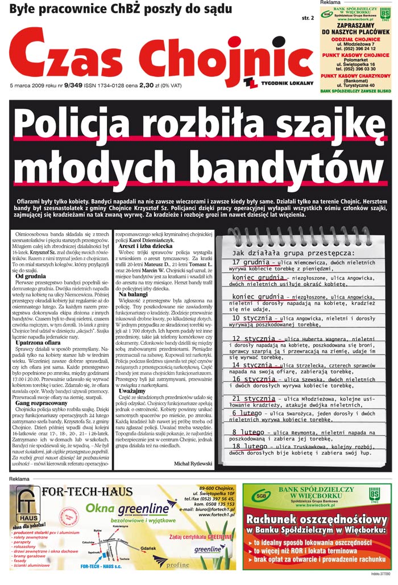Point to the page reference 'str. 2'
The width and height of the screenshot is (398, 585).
[308, 18]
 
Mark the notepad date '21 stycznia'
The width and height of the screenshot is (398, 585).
[253, 399]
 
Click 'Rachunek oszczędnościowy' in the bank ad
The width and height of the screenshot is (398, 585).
[317, 520]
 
